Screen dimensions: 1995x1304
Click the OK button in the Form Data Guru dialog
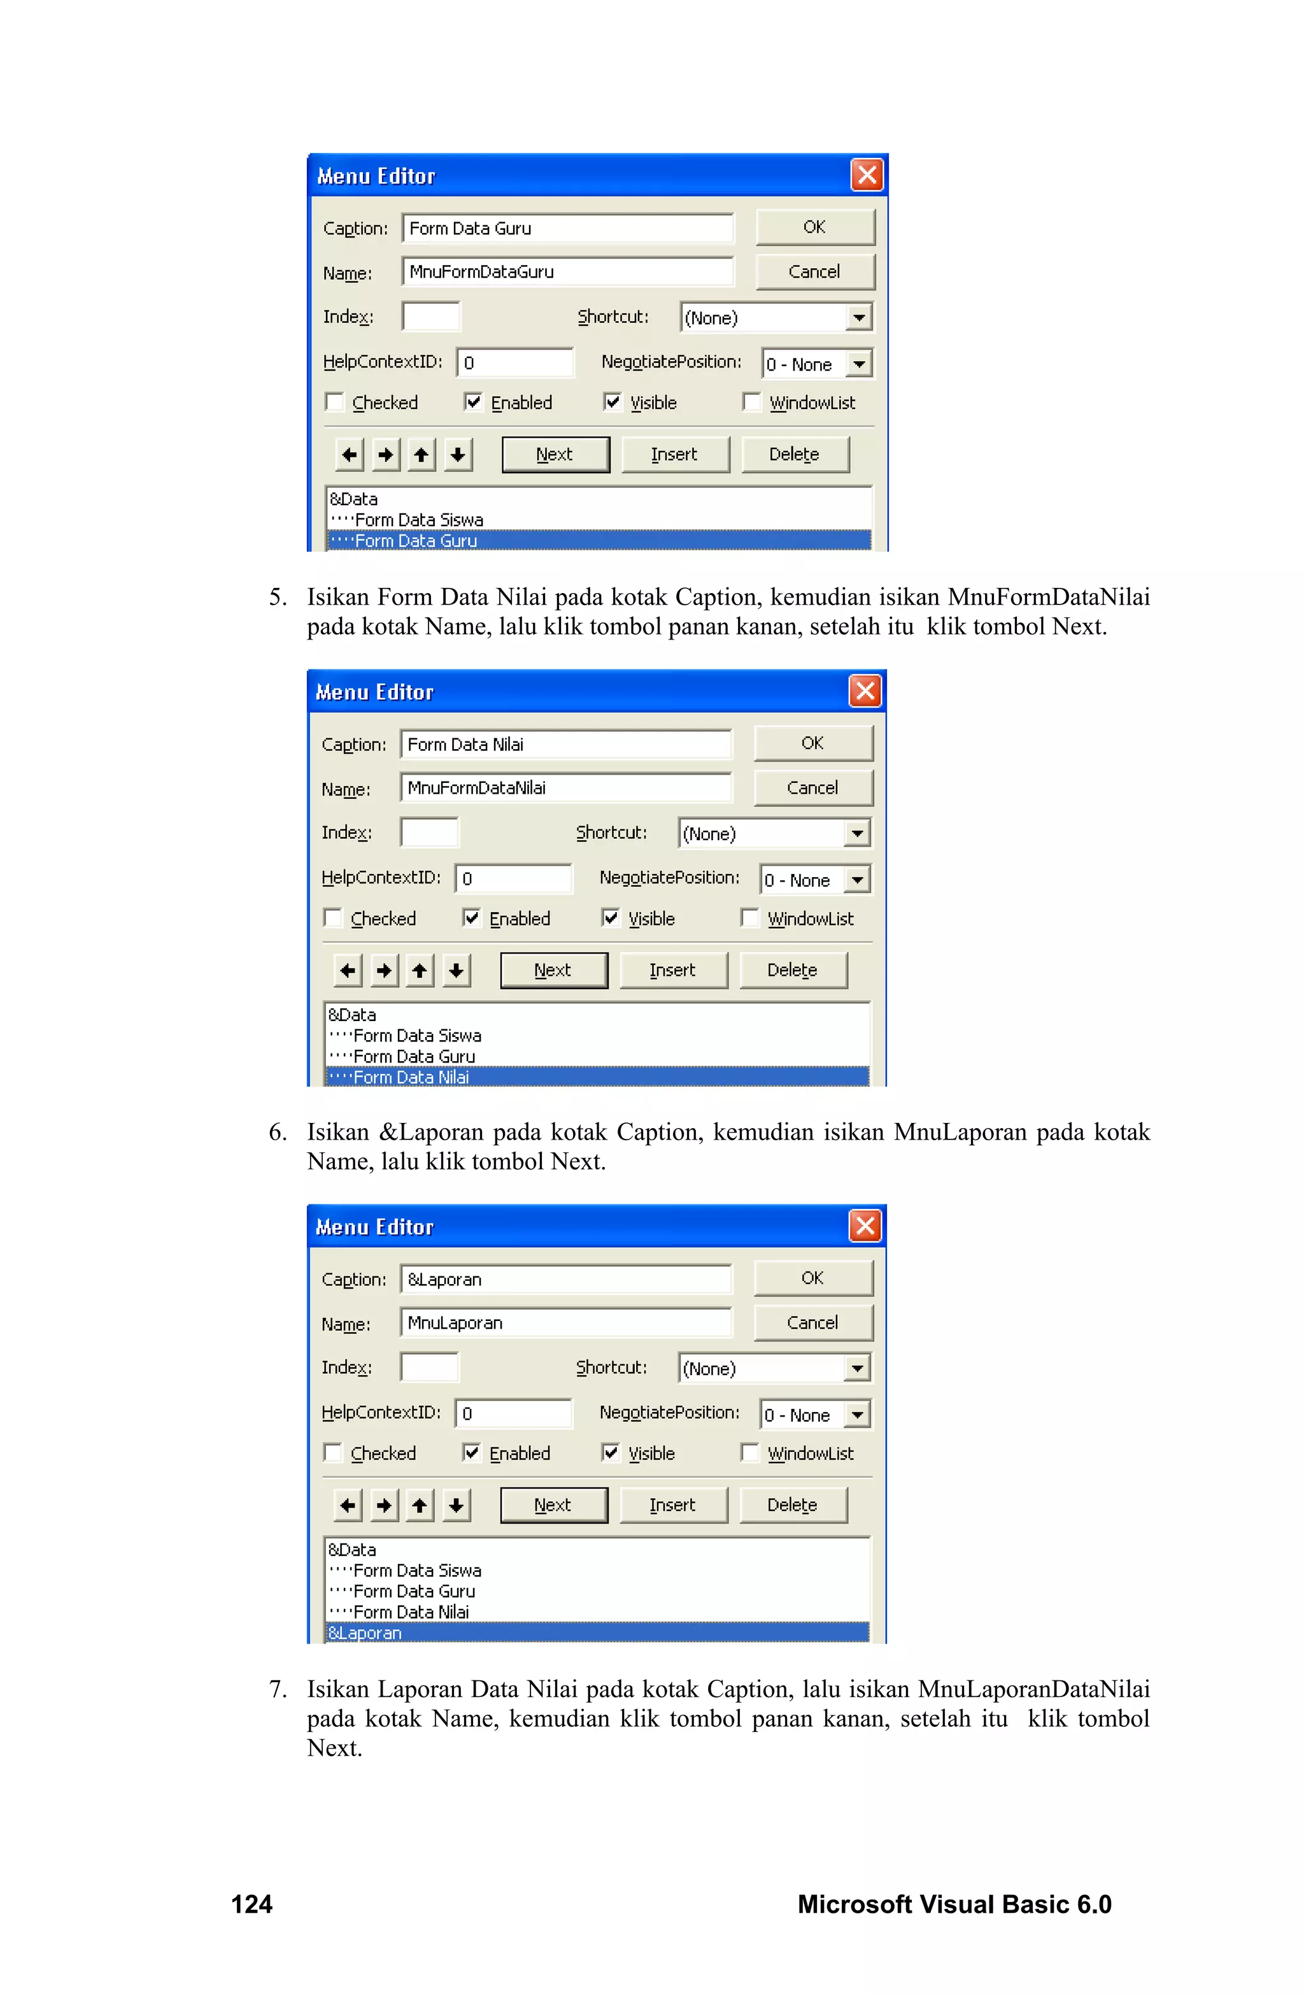point(814,227)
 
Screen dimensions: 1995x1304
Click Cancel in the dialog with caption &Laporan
point(812,1323)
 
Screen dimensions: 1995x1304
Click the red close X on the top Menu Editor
point(867,175)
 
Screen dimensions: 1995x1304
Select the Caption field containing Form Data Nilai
point(565,745)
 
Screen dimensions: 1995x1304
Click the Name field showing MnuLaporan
point(565,1323)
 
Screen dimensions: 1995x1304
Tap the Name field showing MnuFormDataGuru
point(567,271)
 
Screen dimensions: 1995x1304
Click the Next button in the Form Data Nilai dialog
point(553,970)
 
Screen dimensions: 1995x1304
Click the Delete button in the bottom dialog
point(792,1505)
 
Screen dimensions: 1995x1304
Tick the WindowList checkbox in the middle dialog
point(750,919)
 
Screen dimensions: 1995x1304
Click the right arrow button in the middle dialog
point(384,970)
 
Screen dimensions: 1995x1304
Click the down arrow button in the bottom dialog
point(456,1505)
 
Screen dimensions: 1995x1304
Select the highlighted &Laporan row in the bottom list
point(597,1633)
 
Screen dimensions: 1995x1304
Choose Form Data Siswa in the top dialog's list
point(419,520)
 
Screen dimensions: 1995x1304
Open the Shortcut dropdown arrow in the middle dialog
point(856,833)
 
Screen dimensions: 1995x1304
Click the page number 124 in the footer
point(252,1905)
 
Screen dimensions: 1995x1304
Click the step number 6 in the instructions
point(278,1133)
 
